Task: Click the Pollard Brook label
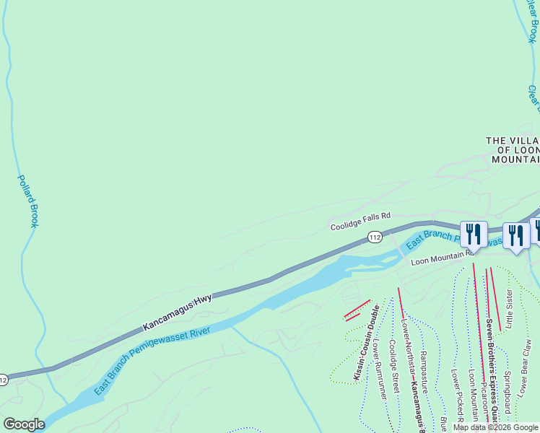coord(27,201)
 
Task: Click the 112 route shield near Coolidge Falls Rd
coord(374,237)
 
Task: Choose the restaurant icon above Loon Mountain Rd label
coord(473,234)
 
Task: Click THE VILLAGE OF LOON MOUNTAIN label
coord(513,149)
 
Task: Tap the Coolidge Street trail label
coord(394,367)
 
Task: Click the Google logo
coord(24,424)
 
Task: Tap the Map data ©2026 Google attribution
coord(496,427)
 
